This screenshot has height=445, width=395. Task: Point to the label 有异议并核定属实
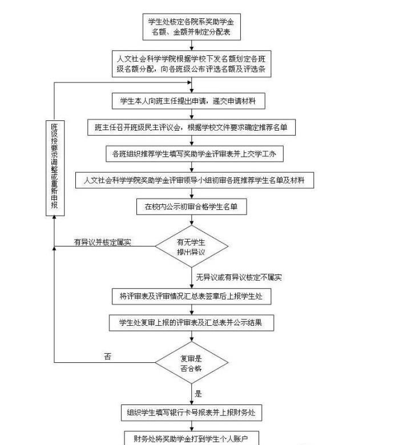pos(103,242)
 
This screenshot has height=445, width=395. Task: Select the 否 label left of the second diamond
pos(108,357)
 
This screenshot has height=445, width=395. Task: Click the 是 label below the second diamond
pos(199,394)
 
